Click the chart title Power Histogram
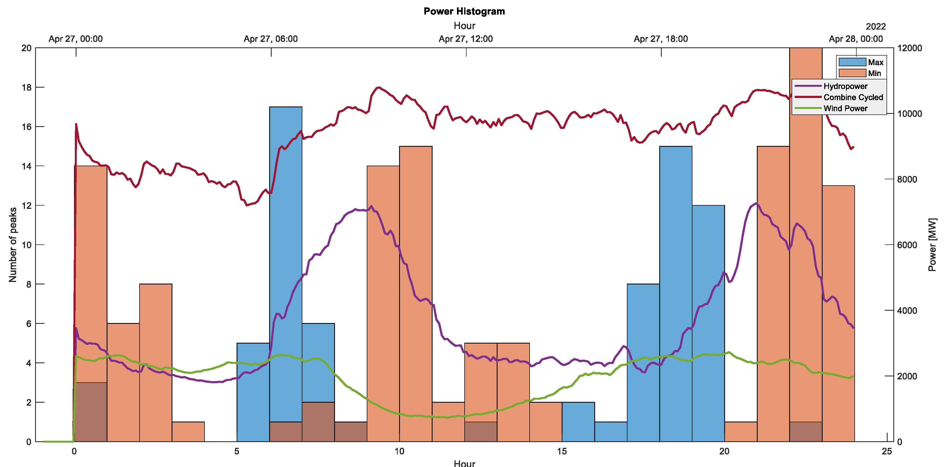click(464, 11)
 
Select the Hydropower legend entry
click(845, 86)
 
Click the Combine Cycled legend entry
click(853, 97)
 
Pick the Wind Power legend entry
click(845, 108)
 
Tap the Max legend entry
click(875, 62)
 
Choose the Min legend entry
click(874, 73)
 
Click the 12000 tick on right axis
click(910, 48)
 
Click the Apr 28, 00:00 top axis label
click(856, 39)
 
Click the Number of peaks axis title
click(13, 245)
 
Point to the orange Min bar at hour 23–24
click(838, 313)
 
